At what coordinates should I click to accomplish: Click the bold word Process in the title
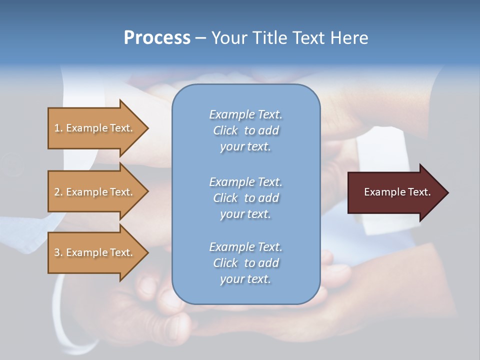point(157,38)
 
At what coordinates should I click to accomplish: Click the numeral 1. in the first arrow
point(58,128)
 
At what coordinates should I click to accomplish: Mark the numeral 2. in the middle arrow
point(58,192)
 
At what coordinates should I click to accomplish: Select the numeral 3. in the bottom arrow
point(58,252)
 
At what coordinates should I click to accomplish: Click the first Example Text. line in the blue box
point(245,114)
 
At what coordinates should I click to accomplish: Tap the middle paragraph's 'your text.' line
point(245,214)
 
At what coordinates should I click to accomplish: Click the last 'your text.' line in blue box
point(245,279)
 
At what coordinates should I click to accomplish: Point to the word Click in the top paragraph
point(225,130)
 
